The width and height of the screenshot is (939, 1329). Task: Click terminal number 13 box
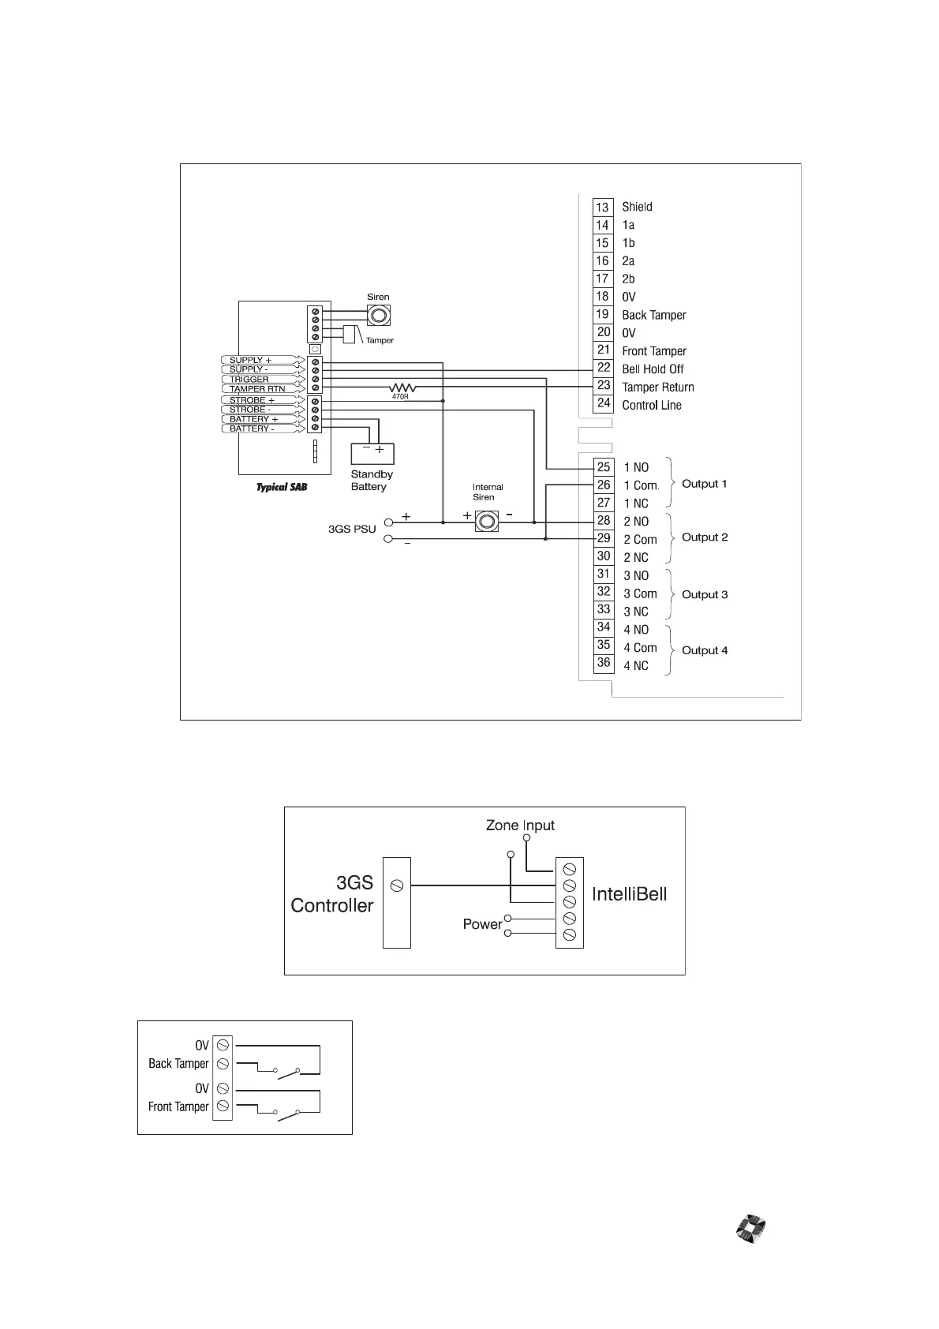[x=603, y=207]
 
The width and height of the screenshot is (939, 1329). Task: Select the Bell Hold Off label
[x=653, y=369]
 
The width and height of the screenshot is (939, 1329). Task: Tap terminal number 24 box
[x=603, y=403]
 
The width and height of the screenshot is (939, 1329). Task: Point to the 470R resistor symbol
[x=402, y=387]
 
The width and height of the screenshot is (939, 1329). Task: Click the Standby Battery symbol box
[x=372, y=453]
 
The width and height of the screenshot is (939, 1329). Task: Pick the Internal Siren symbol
[x=487, y=521]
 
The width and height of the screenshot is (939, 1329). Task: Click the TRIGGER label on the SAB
[x=249, y=380]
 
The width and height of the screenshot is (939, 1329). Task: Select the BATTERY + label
[x=254, y=419]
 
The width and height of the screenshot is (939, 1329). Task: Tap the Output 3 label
[x=705, y=594]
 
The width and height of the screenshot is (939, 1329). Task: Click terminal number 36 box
[x=604, y=663]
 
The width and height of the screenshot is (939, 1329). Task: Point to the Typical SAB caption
[x=282, y=488]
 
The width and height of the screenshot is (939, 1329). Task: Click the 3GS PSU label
[x=352, y=529]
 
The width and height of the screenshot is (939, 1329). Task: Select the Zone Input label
[x=520, y=825]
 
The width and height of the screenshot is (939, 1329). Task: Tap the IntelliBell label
[x=629, y=894]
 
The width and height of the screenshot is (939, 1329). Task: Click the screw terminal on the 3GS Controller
[x=397, y=885]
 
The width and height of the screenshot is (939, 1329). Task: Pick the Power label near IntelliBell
[x=482, y=924]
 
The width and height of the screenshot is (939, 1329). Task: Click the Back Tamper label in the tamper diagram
[x=178, y=1064]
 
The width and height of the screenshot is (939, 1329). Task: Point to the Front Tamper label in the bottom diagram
[x=178, y=1106]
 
